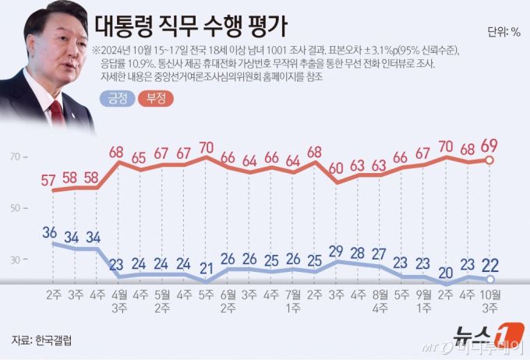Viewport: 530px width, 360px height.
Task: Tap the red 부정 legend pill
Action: pyautogui.click(x=156, y=99)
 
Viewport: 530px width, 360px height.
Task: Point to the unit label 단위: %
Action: pyautogui.click(x=503, y=32)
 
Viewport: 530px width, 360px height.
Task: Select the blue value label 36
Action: pyautogui.click(x=50, y=232)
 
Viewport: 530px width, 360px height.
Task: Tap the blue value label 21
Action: pyautogui.click(x=206, y=269)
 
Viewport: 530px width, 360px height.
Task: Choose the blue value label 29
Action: pyautogui.click(x=335, y=250)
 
